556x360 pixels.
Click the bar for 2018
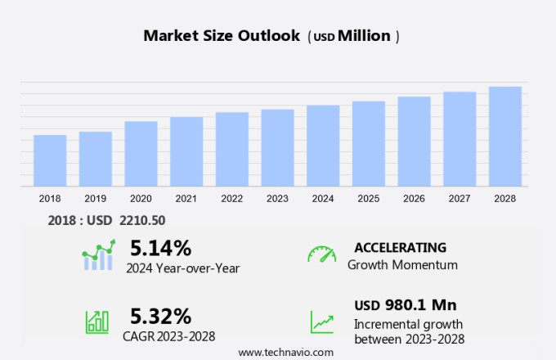[x=50, y=160]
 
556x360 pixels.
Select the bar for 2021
[x=186, y=151]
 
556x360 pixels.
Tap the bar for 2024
[x=323, y=146]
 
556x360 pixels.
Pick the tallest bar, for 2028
[x=505, y=137]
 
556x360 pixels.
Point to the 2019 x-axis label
[x=95, y=198]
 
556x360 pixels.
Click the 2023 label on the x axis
[x=277, y=198]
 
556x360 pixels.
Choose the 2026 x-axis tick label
[x=414, y=198]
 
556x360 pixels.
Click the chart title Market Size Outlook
[x=222, y=36]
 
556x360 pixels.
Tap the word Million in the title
[x=364, y=36]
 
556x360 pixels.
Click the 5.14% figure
[x=160, y=247]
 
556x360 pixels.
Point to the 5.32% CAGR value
[x=160, y=316]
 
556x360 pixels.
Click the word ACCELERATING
[x=401, y=247]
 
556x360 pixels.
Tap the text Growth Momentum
[x=402, y=265]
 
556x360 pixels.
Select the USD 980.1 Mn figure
[x=406, y=305]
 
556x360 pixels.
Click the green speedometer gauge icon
[x=321, y=254]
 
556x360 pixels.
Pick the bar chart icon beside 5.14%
[x=99, y=255]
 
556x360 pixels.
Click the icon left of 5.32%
[x=97, y=321]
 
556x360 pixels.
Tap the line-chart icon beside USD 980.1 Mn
[x=321, y=321]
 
